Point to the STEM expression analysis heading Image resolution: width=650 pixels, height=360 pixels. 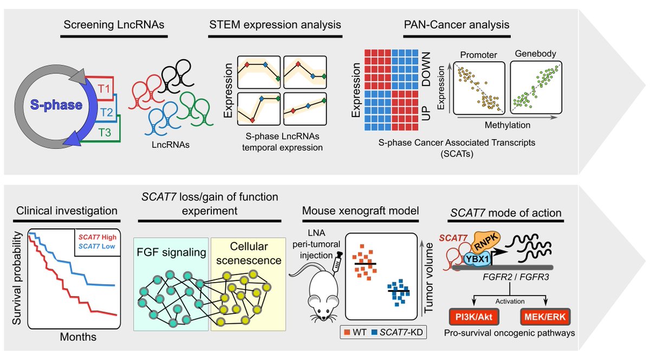click(x=275, y=25)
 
